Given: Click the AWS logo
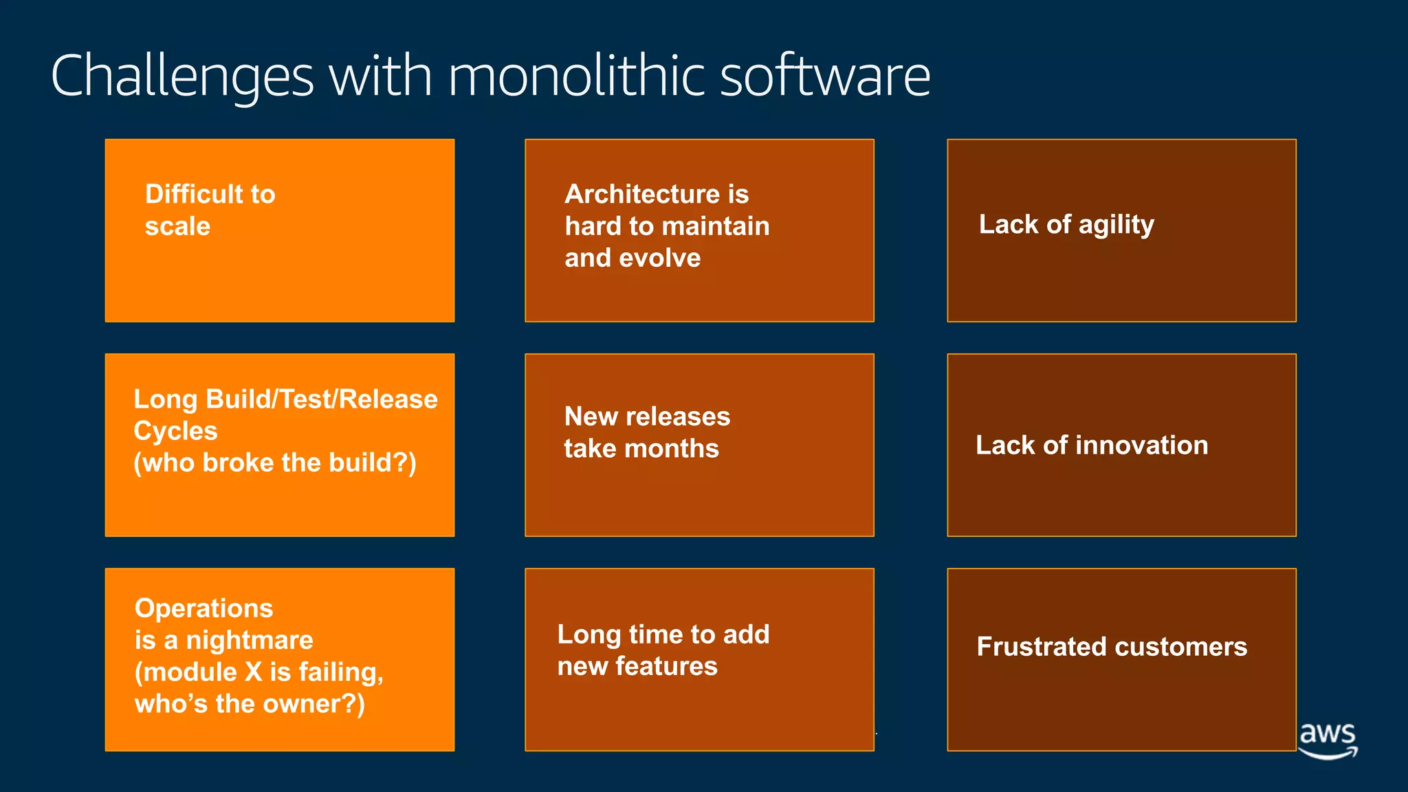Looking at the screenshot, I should [1328, 739].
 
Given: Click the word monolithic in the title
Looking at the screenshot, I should [576, 76].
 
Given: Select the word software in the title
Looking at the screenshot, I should [825, 76].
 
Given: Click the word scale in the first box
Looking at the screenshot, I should [177, 226].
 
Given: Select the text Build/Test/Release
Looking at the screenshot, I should [322, 399].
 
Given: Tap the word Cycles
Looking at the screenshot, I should [175, 431].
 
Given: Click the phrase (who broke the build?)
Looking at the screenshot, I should [275, 463].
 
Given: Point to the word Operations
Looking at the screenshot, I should [203, 608].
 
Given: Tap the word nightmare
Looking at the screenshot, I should [250, 640].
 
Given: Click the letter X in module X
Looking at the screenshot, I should [254, 672].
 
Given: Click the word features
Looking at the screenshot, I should [666, 665].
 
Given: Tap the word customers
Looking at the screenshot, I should [1180, 646].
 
